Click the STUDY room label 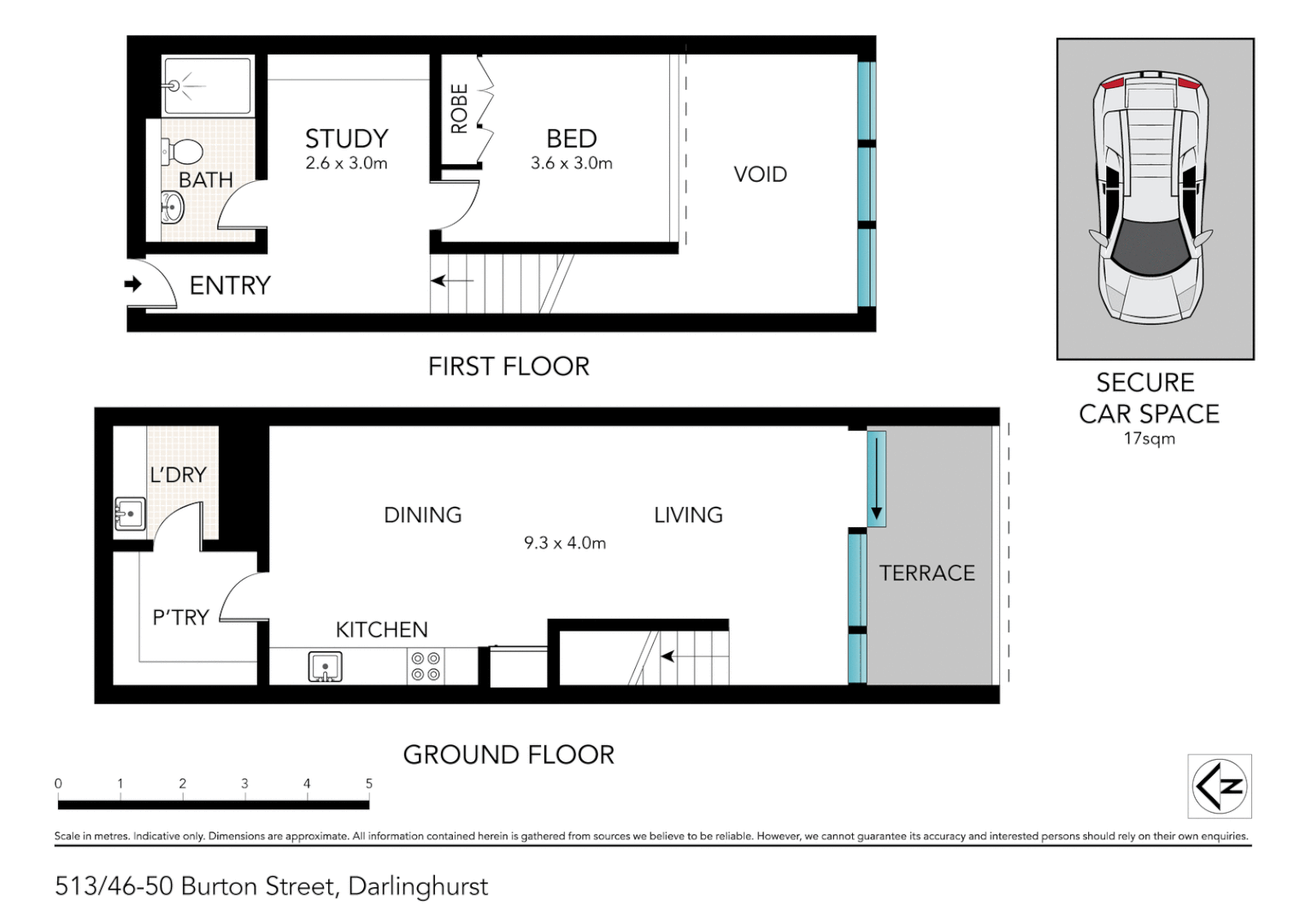(x=346, y=138)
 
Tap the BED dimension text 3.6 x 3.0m (x=571, y=163)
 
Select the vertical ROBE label (x=459, y=109)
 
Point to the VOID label (x=760, y=174)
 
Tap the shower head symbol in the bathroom (x=175, y=85)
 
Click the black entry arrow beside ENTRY (x=133, y=284)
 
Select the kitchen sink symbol (x=325, y=667)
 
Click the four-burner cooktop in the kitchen (x=426, y=667)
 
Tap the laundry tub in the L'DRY (x=130, y=514)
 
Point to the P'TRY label (x=180, y=617)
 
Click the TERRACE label (x=927, y=573)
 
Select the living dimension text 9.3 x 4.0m (x=565, y=543)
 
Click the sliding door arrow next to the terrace (x=876, y=479)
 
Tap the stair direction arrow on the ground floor (x=668, y=656)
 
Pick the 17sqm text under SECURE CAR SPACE (x=1149, y=438)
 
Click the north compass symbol (x=1220, y=786)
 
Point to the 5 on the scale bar (x=369, y=784)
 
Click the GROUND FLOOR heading (x=509, y=755)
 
